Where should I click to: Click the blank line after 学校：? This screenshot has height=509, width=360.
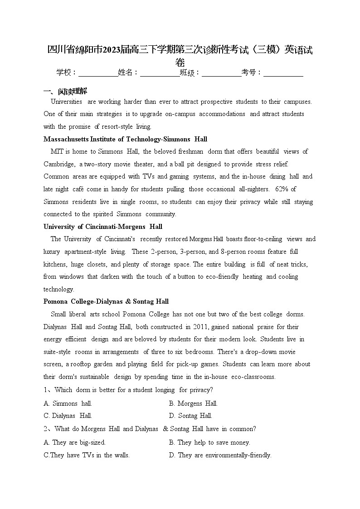[x=98, y=73]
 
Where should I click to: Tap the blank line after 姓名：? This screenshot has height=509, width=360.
[x=160, y=73]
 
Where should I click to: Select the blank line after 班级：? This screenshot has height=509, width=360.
[x=221, y=73]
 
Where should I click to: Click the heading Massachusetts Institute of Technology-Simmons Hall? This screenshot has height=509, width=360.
[x=125, y=139]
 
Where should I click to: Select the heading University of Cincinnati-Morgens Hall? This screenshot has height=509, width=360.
[x=103, y=227]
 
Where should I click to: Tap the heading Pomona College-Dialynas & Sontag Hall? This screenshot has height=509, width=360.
[x=106, y=301]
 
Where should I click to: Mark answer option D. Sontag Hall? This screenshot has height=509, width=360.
[x=190, y=416]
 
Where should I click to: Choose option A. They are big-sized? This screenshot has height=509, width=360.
[x=75, y=442]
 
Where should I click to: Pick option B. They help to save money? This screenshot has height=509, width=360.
[x=209, y=442]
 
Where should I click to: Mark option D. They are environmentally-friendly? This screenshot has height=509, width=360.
[x=220, y=455]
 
